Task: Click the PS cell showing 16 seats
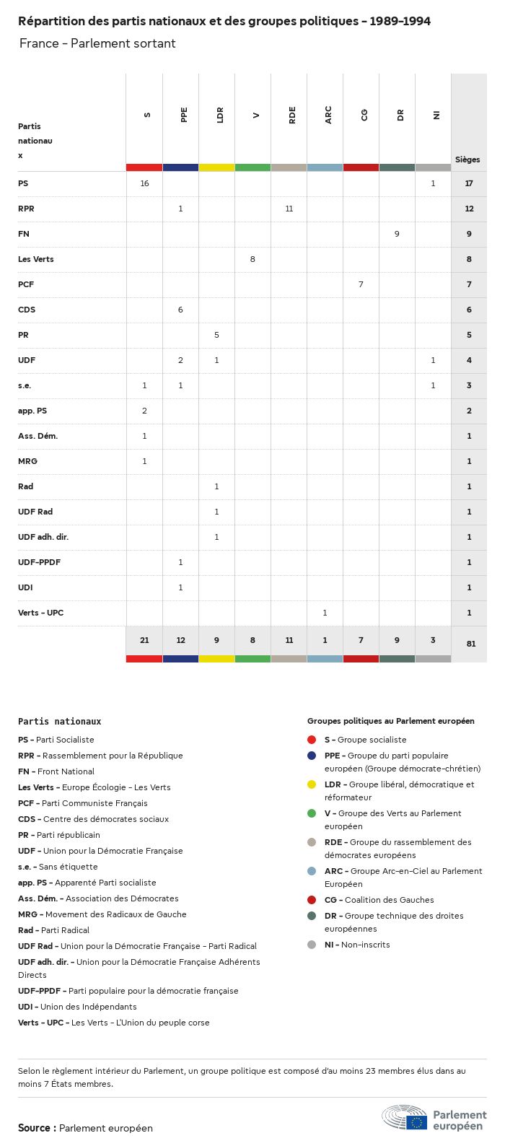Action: [144, 183]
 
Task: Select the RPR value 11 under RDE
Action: [289, 209]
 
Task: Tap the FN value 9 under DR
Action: [397, 234]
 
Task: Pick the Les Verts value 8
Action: [252, 259]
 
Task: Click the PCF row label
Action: [26, 284]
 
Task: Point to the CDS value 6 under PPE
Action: [180, 310]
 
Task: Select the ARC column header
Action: [328, 115]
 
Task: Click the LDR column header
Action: [220, 115]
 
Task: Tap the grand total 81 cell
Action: [470, 644]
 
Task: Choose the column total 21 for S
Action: [144, 640]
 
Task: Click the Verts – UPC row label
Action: [40, 613]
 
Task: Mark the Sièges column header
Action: [467, 159]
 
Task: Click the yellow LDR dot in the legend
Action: [312, 784]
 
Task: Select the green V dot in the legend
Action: [312, 813]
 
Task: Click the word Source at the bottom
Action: [34, 1128]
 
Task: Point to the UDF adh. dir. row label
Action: [43, 537]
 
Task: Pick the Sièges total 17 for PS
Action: [469, 183]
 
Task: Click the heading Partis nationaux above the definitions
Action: [59, 721]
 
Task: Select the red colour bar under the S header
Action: [144, 167]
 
